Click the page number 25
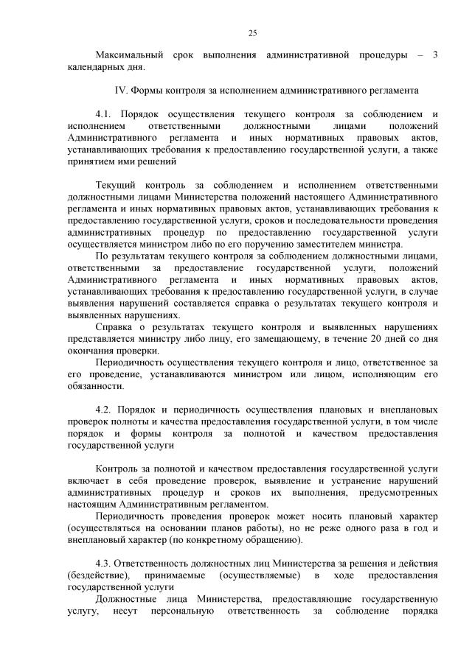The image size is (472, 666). (x=252, y=32)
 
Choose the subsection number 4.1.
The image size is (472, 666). (x=105, y=114)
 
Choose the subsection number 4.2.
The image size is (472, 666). (x=105, y=410)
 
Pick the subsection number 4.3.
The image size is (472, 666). (x=105, y=564)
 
